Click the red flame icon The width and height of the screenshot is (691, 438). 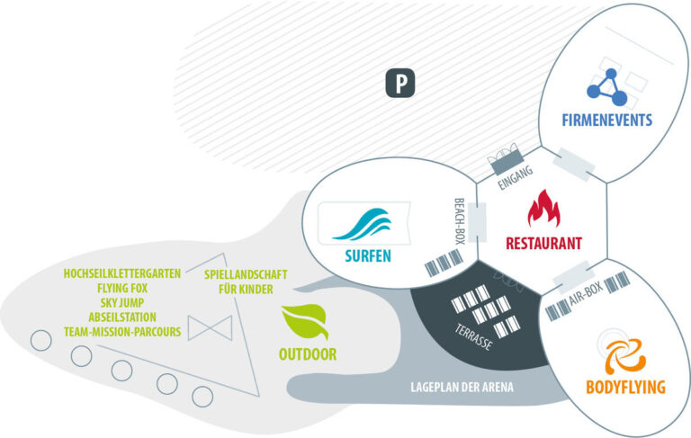pyautogui.click(x=543, y=210)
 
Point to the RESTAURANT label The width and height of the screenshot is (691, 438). pyautogui.click(x=543, y=243)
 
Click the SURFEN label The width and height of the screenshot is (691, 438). pyautogui.click(x=367, y=255)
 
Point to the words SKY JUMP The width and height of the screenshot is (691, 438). pyautogui.click(x=122, y=303)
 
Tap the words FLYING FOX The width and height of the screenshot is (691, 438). pyautogui.click(x=122, y=289)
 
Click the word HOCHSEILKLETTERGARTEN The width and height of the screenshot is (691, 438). pyautogui.click(x=122, y=273)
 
